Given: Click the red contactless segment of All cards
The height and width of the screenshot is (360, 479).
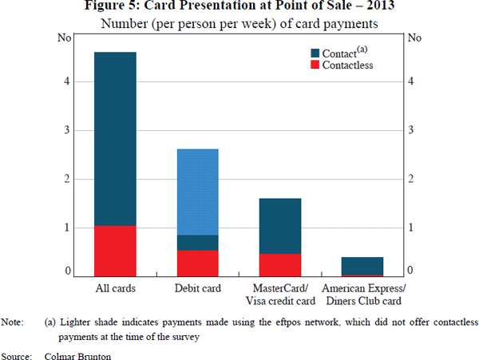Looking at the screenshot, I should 115,251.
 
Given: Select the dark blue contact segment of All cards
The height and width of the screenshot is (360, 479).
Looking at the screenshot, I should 115,139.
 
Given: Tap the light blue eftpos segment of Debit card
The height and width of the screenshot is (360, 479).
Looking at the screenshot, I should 197,192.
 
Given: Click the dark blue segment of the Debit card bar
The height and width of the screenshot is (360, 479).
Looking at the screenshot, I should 197,243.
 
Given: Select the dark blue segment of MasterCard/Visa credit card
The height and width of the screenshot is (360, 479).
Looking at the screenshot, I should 280,226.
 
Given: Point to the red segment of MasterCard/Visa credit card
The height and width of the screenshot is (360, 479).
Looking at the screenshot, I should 280,264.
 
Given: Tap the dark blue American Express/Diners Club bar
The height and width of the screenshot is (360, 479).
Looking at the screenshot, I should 362,266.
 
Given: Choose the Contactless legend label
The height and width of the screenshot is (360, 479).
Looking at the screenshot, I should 348,65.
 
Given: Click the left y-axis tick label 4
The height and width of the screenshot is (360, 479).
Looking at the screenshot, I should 68,81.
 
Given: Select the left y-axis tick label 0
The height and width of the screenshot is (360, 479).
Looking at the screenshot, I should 68,272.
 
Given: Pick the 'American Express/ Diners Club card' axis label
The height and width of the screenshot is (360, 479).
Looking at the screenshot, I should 362,295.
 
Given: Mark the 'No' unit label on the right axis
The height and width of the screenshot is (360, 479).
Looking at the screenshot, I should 414,38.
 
